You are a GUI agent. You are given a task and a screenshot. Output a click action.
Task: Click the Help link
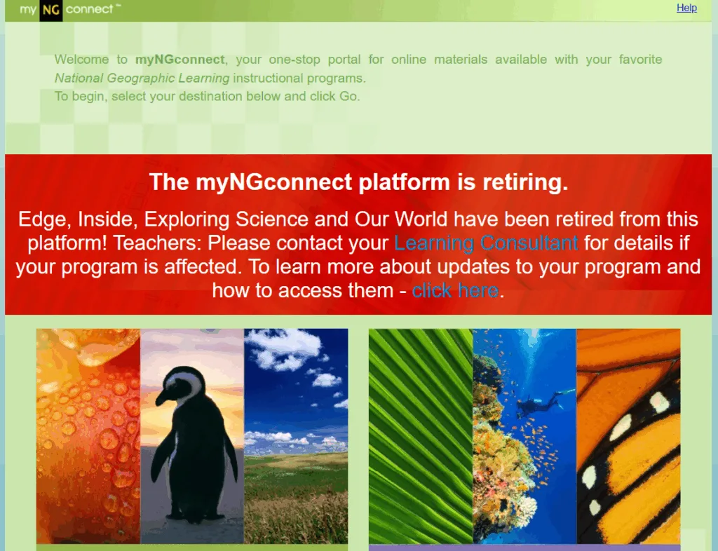point(686,8)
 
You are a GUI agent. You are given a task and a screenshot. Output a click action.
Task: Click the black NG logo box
point(50,10)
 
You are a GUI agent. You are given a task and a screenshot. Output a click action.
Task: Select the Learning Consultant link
point(486,243)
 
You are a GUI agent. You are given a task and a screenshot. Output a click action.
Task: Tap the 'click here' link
point(455,291)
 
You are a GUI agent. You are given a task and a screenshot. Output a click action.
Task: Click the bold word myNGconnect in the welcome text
point(180,60)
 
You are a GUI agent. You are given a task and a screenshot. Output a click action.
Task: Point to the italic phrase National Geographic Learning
point(142,79)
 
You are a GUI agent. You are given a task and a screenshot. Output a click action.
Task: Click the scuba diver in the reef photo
point(543,402)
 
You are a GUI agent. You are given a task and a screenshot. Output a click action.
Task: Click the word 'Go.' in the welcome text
point(349,96)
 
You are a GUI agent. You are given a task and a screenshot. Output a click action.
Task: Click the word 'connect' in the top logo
point(89,9)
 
